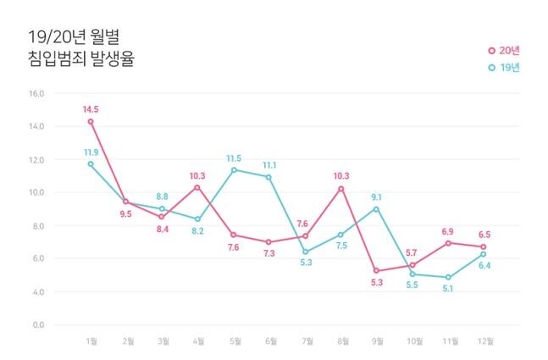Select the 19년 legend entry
pos(503,67)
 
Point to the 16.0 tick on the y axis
pos(37,93)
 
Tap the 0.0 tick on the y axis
pos(37,325)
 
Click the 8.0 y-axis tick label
pos(37,226)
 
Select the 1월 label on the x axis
pos(91,342)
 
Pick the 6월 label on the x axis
pos(268,342)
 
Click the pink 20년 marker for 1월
pos(91,121)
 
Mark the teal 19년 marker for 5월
pos(233,169)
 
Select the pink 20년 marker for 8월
pos(340,188)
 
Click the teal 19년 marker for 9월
pos(375,208)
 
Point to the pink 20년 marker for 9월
pos(375,270)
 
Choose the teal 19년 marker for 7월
pos(304,252)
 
